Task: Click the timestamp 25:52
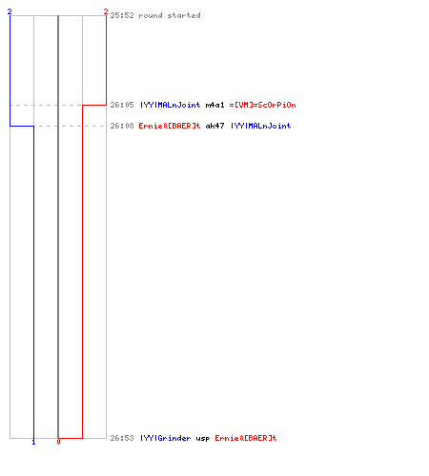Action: click(122, 15)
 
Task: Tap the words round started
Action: click(170, 15)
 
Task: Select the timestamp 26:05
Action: click(122, 105)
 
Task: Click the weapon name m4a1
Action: click(215, 105)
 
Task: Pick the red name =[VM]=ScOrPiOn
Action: click(263, 105)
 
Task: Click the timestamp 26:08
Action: click(122, 126)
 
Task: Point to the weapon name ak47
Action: click(215, 126)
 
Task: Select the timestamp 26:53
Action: click(122, 438)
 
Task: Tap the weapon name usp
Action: click(203, 439)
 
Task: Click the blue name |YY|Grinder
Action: click(166, 438)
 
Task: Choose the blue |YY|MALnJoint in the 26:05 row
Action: click(171, 105)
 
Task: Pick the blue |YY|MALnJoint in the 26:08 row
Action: click(261, 126)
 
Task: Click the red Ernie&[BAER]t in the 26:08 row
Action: click(170, 126)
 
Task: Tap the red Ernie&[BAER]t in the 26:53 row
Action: click(246, 438)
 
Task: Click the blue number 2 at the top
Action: click(10, 11)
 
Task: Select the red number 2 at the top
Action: click(106, 11)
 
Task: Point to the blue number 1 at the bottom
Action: click(33, 442)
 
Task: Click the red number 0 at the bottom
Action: click(58, 442)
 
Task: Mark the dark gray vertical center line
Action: click(58, 227)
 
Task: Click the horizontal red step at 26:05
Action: click(94, 105)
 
